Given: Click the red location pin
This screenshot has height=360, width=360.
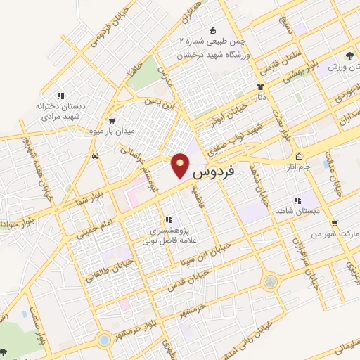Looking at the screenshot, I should [181, 167].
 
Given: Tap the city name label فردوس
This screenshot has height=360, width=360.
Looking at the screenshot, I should [212, 171].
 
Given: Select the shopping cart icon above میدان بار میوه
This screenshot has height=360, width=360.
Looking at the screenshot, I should [112, 120].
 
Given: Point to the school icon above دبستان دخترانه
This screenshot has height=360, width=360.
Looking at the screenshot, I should [61, 95].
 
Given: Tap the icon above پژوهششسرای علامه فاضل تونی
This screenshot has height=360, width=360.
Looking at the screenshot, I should [167, 219].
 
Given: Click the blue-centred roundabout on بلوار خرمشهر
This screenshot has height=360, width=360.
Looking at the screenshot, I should [104, 340].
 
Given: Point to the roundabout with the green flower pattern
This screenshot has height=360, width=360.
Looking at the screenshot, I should [270, 282].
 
